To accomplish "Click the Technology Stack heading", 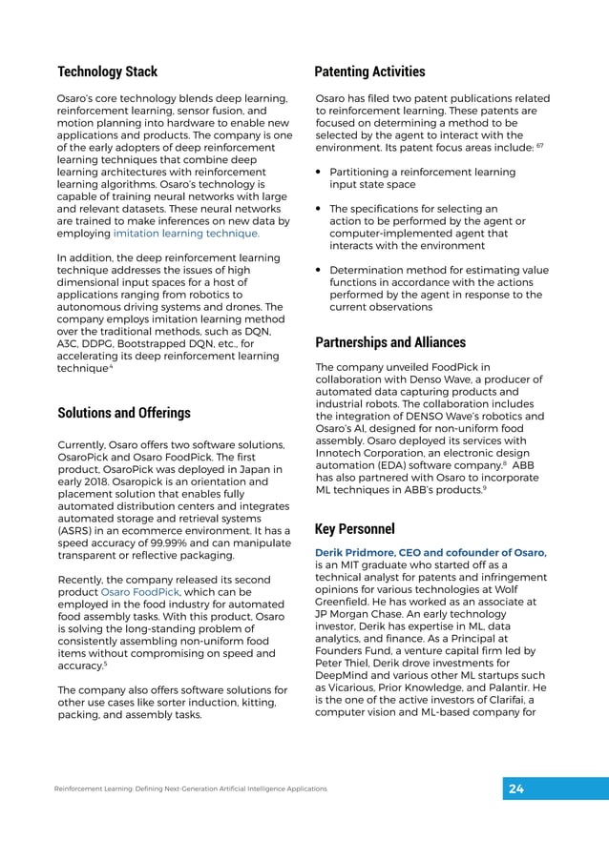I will (107, 72).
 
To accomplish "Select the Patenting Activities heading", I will (369, 72).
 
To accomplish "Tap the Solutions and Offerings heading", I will (124, 413).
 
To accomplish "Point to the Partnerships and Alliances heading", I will (390, 342).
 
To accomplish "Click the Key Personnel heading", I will (354, 529).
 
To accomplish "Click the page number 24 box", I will (516, 788).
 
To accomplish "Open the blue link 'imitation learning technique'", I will (186, 233).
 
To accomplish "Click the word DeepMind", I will (346, 673).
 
